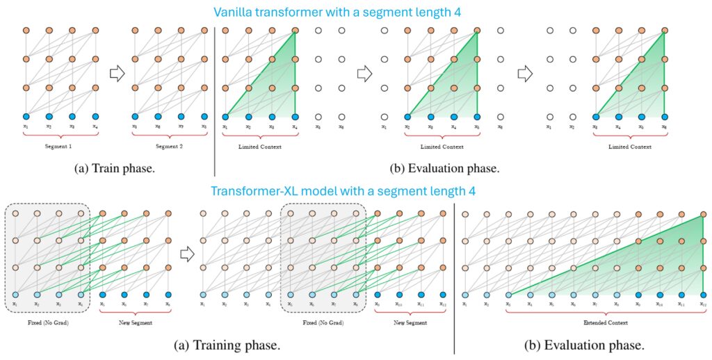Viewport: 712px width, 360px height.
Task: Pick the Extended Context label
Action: point(606,325)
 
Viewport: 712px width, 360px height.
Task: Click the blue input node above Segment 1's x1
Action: point(26,117)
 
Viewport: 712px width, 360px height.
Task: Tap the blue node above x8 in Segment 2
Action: point(204,117)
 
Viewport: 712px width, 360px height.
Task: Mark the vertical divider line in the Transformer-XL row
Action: point(454,271)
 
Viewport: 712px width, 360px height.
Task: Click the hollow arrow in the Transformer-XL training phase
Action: point(185,254)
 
